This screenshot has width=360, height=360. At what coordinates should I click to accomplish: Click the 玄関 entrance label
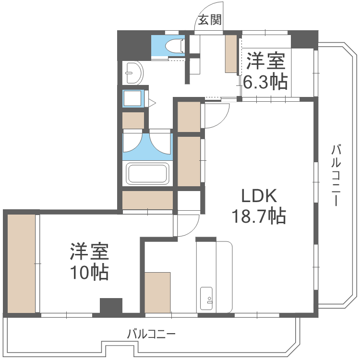[x=210, y=20]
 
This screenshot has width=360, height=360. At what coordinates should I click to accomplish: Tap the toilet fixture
[x=175, y=46]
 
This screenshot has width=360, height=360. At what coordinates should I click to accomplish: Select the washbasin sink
[x=134, y=73]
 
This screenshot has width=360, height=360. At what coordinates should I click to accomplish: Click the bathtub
[x=148, y=174]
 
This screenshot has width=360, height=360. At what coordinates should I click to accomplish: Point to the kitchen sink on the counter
[x=206, y=298]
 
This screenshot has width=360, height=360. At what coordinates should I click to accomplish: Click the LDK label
[x=259, y=196]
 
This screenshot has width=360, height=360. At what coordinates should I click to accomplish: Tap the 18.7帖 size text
[x=259, y=216]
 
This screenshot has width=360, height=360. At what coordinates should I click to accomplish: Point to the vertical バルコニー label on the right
[x=336, y=175]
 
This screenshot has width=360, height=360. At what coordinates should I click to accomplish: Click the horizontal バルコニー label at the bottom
[x=151, y=334]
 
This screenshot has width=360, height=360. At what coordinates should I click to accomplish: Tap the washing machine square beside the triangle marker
[x=132, y=98]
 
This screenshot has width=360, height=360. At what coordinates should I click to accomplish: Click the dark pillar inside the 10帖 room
[x=111, y=306]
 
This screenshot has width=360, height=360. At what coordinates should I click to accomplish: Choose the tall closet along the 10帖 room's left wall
[x=21, y=264]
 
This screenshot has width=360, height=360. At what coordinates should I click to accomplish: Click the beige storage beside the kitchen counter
[x=157, y=292]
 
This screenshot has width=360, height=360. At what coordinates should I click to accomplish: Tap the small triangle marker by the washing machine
[x=152, y=103]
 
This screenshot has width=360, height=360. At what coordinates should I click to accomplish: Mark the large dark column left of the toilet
[x=134, y=46]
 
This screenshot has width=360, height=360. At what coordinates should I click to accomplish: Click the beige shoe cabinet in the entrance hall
[x=231, y=54]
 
